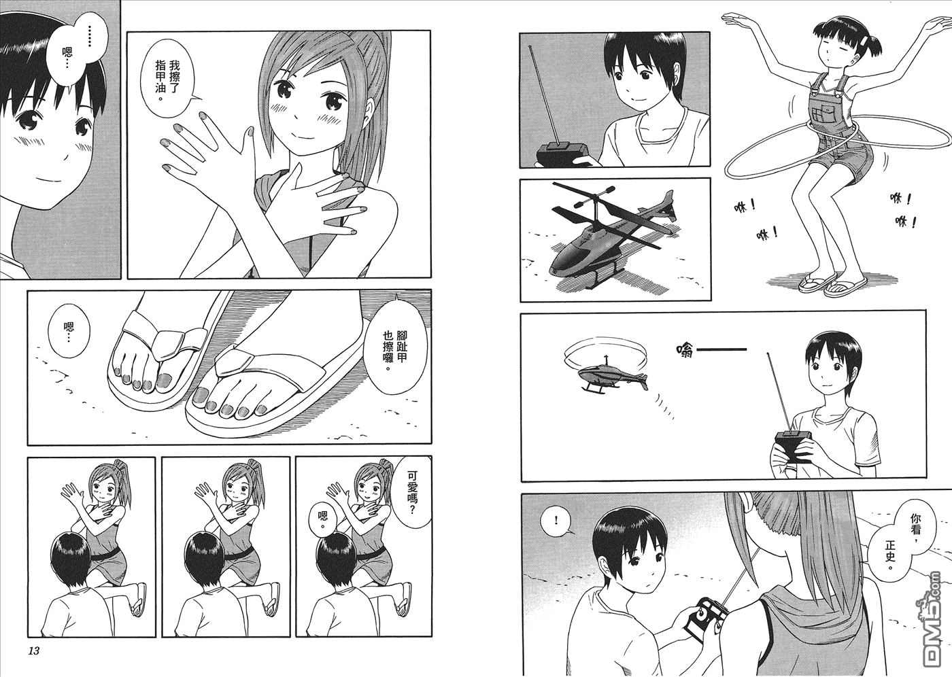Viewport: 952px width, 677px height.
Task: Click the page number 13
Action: pyautogui.click(x=34, y=650)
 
